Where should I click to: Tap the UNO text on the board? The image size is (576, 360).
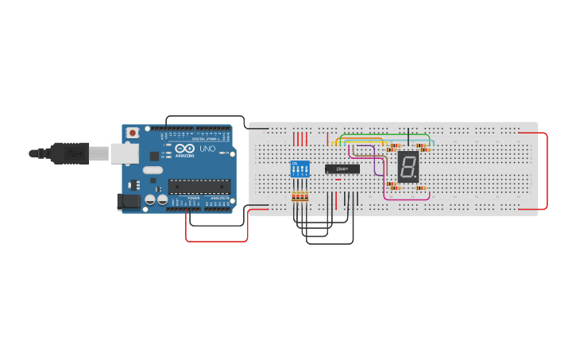click(x=207, y=149)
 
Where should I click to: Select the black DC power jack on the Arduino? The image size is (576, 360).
click(x=127, y=202)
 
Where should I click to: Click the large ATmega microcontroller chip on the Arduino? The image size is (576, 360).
click(x=199, y=187)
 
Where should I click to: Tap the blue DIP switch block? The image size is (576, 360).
click(x=300, y=169)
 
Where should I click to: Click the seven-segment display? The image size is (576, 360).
click(x=408, y=167)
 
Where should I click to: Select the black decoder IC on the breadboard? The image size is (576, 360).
click(x=342, y=168)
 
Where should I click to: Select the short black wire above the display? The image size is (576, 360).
click(x=408, y=137)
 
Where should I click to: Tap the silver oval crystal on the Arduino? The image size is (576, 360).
click(x=153, y=169)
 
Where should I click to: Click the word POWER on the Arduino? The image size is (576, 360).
click(x=193, y=198)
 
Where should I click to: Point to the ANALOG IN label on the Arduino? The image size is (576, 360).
click(x=218, y=198)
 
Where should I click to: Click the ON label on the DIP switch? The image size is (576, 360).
click(x=295, y=164)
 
